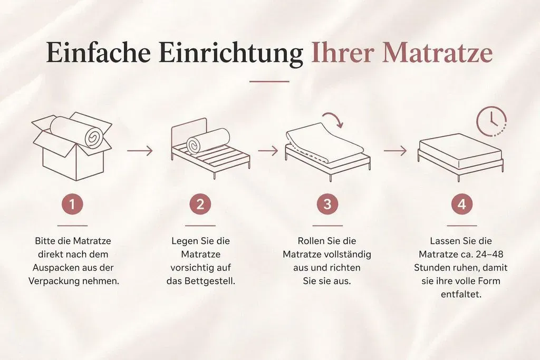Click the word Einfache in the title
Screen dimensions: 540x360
click(x=99, y=53)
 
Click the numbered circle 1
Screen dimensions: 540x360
click(x=72, y=204)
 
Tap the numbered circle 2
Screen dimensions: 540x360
click(x=200, y=204)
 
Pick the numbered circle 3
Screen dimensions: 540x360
click(x=327, y=204)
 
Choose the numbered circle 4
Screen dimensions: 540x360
click(x=462, y=204)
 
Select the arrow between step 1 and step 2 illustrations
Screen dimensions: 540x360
click(x=140, y=151)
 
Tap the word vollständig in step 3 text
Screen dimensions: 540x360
click(x=348, y=255)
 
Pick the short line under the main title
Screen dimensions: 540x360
click(x=269, y=82)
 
